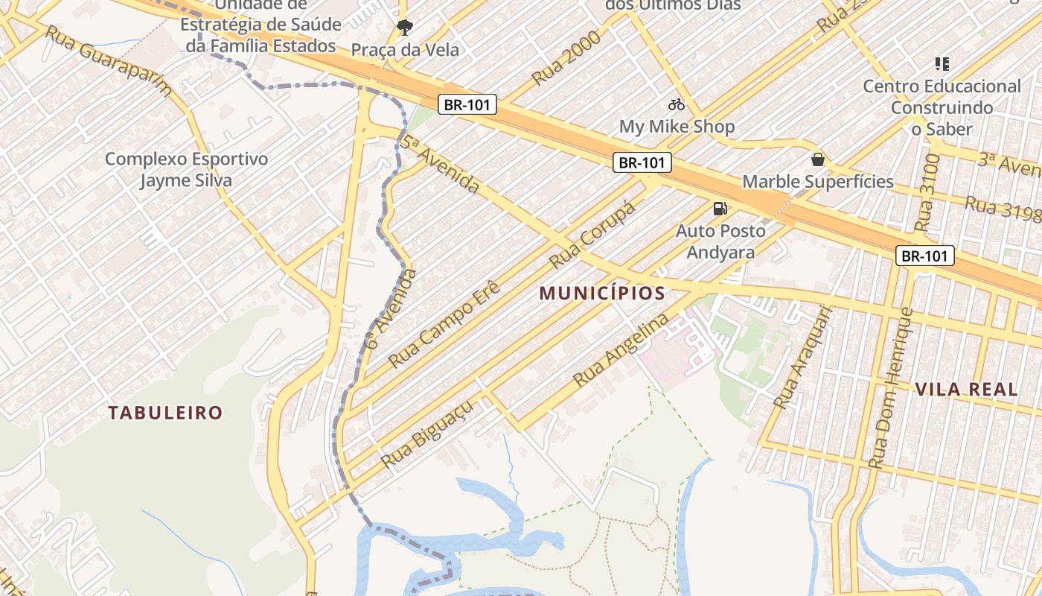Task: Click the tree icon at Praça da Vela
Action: pyautogui.click(x=405, y=28)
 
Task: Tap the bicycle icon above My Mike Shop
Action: pyautogui.click(x=677, y=105)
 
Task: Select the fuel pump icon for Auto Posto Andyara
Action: pyautogui.click(x=720, y=209)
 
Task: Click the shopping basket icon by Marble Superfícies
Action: pyautogui.click(x=818, y=159)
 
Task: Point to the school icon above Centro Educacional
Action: pyautogui.click(x=942, y=64)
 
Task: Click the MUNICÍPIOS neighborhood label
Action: pyautogui.click(x=602, y=294)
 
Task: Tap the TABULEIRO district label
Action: pyautogui.click(x=165, y=413)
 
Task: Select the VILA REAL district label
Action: pyautogui.click(x=966, y=389)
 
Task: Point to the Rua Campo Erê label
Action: pyautogui.click(x=444, y=324)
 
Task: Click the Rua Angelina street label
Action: pyautogui.click(x=621, y=350)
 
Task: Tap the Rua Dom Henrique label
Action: pyautogui.click(x=891, y=387)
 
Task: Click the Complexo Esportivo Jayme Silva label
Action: pyautogui.click(x=186, y=170)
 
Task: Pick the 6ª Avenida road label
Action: pyautogui.click(x=391, y=309)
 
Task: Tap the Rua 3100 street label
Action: pyautogui.click(x=927, y=192)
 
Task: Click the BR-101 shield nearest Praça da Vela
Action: pyautogui.click(x=467, y=105)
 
